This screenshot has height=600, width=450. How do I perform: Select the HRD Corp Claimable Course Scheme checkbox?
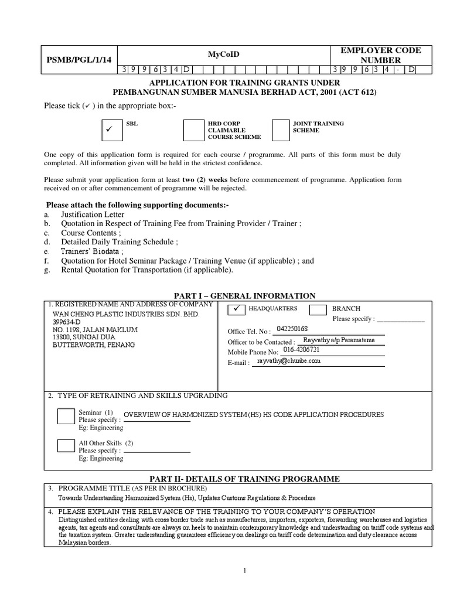[x=193, y=130]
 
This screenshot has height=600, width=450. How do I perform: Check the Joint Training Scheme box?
[x=281, y=130]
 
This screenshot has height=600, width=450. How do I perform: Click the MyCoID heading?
[x=224, y=54]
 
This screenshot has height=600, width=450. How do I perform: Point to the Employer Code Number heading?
[x=381, y=55]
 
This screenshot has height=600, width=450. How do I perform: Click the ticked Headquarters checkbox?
[x=236, y=309]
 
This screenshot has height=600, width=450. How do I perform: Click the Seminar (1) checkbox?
[x=66, y=417]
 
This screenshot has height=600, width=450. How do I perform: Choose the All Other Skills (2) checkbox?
[x=66, y=445]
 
